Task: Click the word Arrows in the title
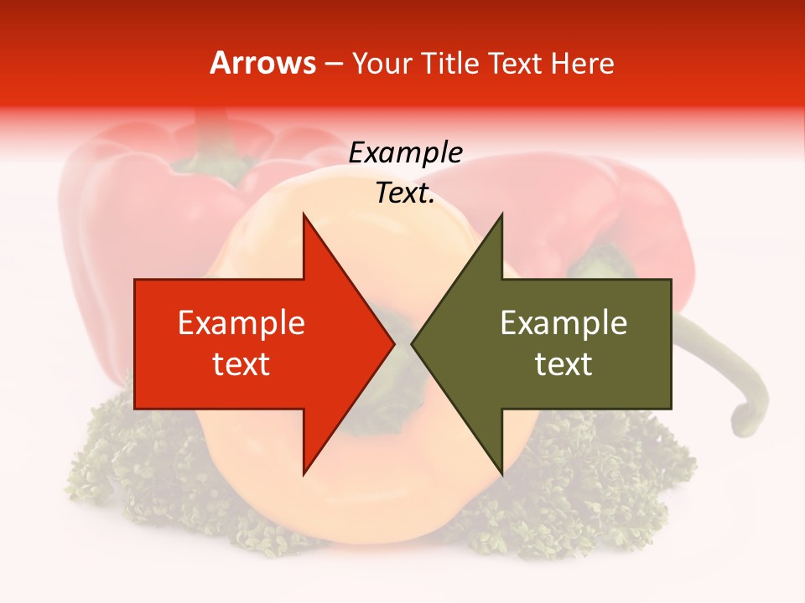coord(262,63)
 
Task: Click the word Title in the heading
coord(452,63)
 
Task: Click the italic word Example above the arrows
coord(405,153)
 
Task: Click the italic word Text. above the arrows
coord(405,193)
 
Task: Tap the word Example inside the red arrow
coord(241,323)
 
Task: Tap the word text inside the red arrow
coord(241,364)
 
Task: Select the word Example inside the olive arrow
coord(563,323)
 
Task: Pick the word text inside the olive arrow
coord(563,364)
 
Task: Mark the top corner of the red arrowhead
coord(304,215)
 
